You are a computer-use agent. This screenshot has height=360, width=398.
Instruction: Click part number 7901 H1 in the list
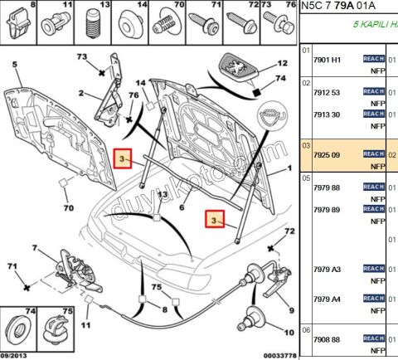coord(325,60)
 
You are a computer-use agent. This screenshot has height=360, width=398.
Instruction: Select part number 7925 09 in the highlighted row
coord(325,154)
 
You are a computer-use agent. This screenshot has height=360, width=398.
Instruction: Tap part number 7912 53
coord(325,93)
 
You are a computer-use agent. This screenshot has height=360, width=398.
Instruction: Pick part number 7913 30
coord(325,114)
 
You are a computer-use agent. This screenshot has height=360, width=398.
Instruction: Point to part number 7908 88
coord(325,340)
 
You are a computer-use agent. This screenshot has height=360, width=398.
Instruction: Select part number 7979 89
coord(325,209)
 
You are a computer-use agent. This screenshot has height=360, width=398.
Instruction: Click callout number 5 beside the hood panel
coord(14,64)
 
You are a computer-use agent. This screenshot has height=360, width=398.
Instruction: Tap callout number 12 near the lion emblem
coord(282,61)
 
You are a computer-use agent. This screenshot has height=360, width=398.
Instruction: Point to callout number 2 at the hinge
coord(81,93)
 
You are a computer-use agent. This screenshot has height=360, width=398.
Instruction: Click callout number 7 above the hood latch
coord(34,247)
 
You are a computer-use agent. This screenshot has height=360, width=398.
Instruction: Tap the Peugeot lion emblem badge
coord(239,65)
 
